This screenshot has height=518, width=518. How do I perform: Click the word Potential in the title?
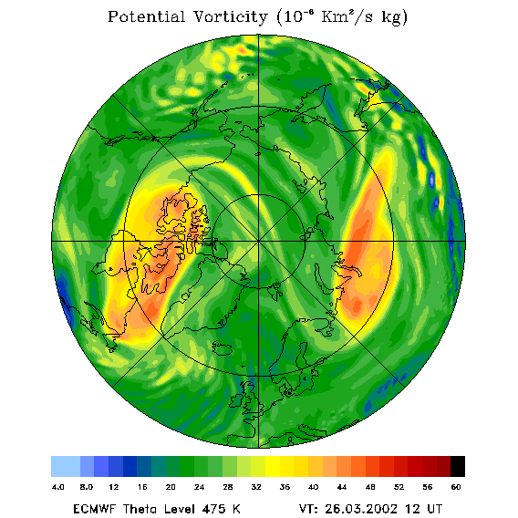pyautogui.click(x=146, y=16)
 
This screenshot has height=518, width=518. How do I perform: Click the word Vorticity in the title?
pyautogui.click(x=230, y=16)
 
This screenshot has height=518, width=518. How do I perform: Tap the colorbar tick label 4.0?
pyautogui.click(x=58, y=487)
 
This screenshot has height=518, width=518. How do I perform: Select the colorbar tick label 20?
pyautogui.click(x=171, y=487)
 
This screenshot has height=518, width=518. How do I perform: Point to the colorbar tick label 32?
pyautogui.click(x=256, y=487)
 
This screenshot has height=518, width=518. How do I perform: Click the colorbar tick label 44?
pyautogui.click(x=342, y=487)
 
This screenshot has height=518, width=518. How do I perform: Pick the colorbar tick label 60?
pyautogui.click(x=456, y=487)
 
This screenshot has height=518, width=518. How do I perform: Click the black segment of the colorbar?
pyautogui.click(x=458, y=466)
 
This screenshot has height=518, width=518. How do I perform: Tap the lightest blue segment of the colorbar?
pyautogui.click(x=66, y=466)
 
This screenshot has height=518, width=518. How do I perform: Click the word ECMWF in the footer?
pyautogui.click(x=95, y=509)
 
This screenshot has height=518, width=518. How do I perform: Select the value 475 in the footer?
pyautogui.click(x=214, y=509)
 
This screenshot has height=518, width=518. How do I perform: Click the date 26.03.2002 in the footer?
pyautogui.click(x=361, y=509)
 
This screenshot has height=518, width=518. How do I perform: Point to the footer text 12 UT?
pyautogui.click(x=424, y=509)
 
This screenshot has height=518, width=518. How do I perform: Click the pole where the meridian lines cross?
pyautogui.click(x=259, y=242)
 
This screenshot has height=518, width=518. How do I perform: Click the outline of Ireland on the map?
pyautogui.click(x=236, y=400)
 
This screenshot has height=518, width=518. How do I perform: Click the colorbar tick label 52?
pyautogui.click(x=399, y=487)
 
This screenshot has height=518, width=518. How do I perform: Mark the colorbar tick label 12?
pyautogui.click(x=114, y=487)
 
